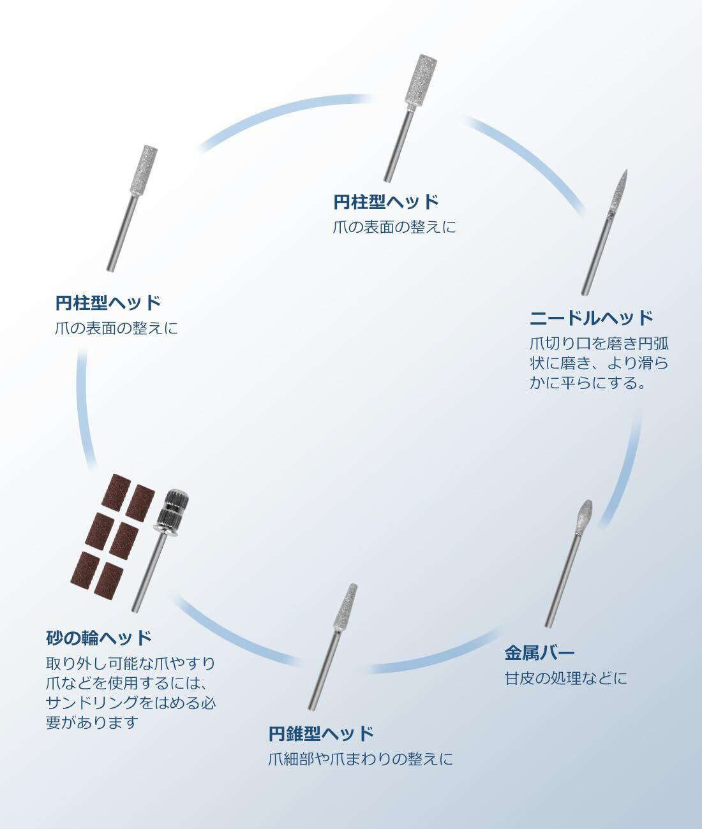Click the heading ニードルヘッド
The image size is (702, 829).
click(592, 317)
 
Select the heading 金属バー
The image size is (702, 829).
click(540, 652)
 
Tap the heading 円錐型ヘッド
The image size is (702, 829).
click(321, 733)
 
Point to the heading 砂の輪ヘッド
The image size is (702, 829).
click(100, 637)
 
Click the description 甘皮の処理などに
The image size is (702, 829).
click(565, 678)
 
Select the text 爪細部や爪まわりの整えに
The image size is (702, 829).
click(361, 759)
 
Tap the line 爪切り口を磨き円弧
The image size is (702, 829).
click(599, 343)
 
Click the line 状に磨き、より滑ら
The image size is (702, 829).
click(599, 363)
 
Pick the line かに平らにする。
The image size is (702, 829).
click(588, 384)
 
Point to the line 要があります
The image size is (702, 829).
click(92, 723)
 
